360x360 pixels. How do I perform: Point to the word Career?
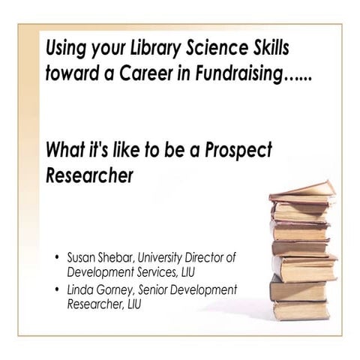[154, 75]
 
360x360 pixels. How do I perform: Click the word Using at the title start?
[65, 49]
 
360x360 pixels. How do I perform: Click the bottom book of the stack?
[300, 309]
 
